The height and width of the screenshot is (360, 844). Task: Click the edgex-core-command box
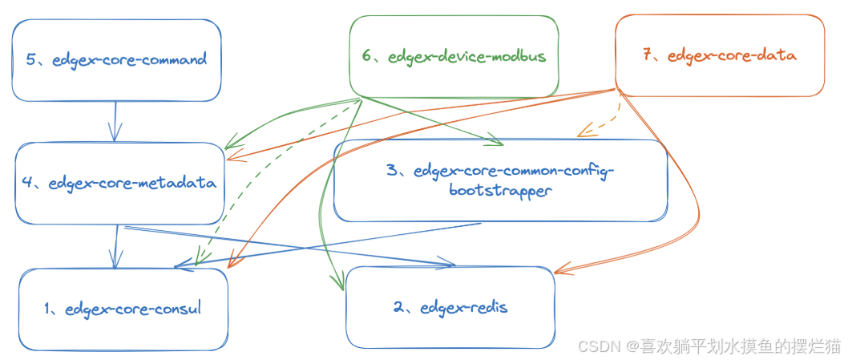pos(116,60)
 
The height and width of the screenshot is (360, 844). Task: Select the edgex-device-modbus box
pos(454,56)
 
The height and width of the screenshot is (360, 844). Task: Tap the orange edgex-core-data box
pos(719,55)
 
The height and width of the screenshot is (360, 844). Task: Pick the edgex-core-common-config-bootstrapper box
pos(500,180)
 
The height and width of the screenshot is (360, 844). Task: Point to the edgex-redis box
pos(450,307)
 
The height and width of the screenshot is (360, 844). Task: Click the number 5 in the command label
pos(30,59)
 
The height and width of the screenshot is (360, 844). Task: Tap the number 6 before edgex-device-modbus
pos(367,56)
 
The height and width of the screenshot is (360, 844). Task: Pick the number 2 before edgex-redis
pos(398,307)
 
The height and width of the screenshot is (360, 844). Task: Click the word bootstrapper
pos(500,192)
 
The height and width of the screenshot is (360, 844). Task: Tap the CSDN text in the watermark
pos(597,346)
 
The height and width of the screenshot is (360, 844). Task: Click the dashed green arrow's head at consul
pos(200,260)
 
